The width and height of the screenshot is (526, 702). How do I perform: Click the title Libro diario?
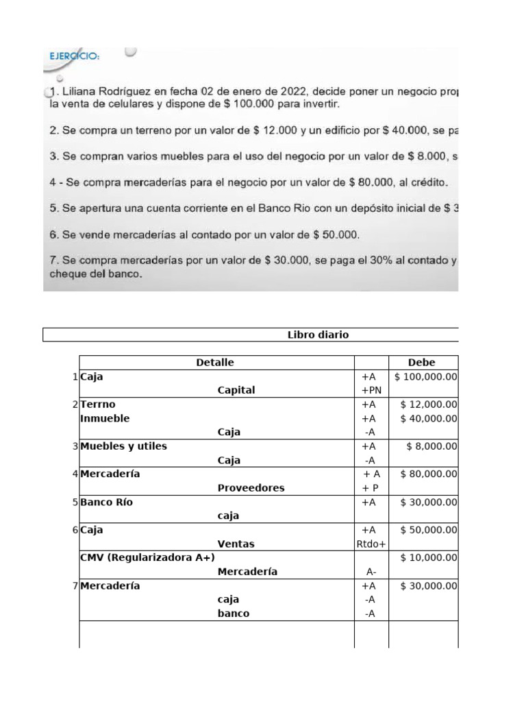pos(318,335)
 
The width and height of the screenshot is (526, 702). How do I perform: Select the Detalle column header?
pos(215,363)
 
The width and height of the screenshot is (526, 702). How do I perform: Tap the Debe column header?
pos(421,363)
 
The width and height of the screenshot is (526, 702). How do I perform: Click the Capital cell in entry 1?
pos(236,390)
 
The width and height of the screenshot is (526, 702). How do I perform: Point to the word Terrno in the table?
pos(99,404)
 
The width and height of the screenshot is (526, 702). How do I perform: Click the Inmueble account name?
pos(104,418)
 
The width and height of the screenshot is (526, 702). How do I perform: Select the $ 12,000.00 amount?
pos(429,404)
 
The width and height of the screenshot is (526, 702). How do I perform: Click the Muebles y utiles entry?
pos(123,446)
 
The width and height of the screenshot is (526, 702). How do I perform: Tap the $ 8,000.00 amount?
pos(431,446)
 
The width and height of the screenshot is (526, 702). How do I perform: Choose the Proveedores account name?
pos(251,488)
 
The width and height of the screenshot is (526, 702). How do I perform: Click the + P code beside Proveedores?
pos(370,488)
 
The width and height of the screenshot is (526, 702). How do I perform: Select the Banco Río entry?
pos(106,502)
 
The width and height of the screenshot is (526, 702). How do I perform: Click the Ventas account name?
pos(236,544)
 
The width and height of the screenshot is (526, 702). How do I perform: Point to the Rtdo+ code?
pos(371,544)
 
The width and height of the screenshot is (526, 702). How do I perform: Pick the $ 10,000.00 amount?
pos(429,557)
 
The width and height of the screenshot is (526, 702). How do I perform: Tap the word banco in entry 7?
pos(233,614)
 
